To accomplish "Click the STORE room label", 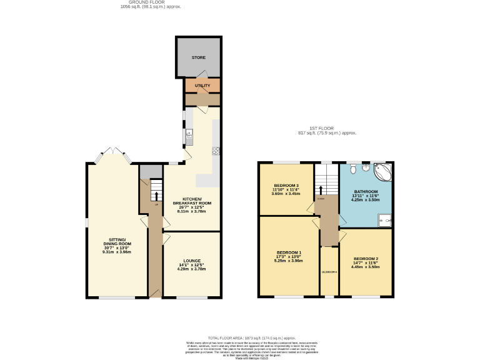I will coord(198,57).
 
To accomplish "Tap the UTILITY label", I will coord(202,86).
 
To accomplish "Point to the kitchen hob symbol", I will coord(216,150).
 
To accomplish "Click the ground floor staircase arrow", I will coord(156,196).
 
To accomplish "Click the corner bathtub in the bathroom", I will coord(383,171).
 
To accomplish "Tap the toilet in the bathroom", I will coord(354,168).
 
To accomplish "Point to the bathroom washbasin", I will coord(367,167).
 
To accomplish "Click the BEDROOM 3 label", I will coord(286,186).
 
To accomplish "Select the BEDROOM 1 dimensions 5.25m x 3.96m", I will coord(289,261).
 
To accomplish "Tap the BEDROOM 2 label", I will coord(366,259).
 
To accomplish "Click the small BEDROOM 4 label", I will coord(329,272).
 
